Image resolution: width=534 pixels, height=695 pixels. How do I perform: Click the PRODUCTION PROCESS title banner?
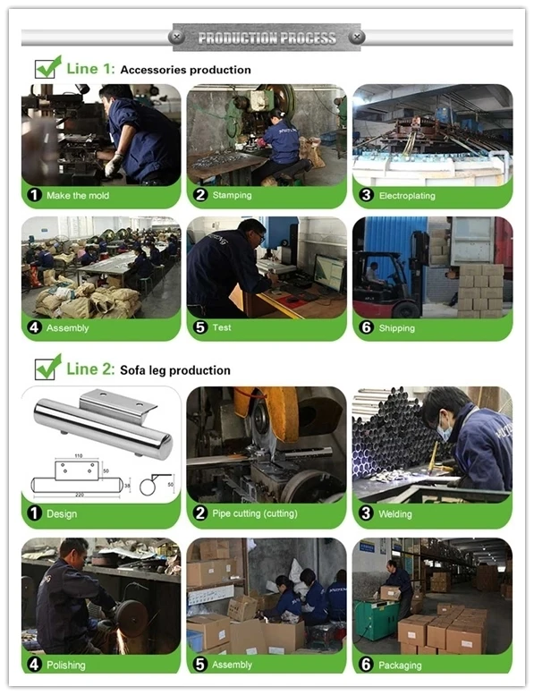point(267,38)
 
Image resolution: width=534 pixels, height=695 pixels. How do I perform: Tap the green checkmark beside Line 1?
point(48,67)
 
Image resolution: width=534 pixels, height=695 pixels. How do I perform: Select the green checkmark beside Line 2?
point(48,367)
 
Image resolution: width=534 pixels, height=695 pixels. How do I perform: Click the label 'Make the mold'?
point(78,196)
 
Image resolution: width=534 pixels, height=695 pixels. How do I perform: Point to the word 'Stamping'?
point(232,195)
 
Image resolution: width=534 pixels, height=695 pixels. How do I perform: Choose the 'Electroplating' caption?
point(407,196)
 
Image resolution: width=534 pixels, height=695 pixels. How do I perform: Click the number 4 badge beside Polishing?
point(34,665)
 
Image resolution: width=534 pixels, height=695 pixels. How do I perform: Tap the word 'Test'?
point(222,327)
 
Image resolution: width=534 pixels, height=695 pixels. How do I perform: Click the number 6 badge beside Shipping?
point(366,327)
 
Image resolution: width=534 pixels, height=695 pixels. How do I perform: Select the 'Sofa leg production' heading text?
point(175,370)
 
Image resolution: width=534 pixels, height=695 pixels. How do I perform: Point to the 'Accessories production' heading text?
point(185,70)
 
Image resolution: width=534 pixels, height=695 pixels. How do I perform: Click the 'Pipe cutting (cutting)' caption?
point(255,513)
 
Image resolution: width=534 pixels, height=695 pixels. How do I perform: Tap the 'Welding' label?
point(394,513)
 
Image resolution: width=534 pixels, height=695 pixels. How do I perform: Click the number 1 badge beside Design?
point(34,513)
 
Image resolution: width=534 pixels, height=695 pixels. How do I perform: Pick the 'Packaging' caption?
point(400,665)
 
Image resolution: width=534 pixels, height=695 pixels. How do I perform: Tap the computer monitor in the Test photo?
point(329,272)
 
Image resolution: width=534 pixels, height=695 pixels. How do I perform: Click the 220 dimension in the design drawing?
point(80,495)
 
